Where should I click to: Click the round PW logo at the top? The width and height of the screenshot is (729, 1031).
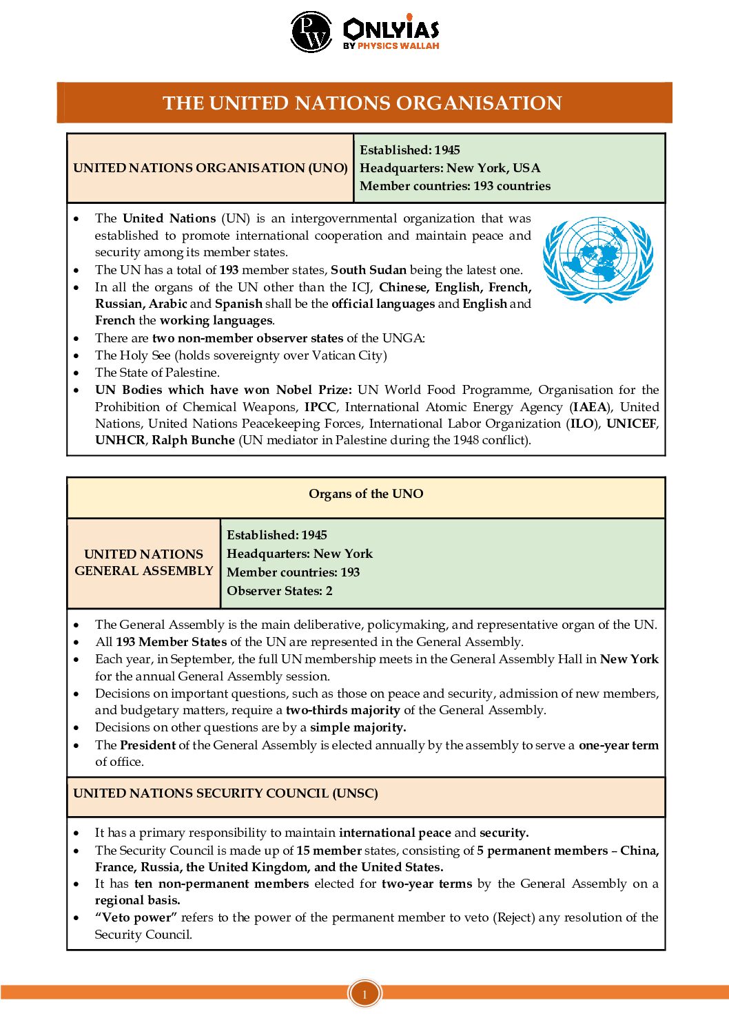click(x=311, y=32)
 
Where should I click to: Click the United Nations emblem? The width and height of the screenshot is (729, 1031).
click(x=598, y=260)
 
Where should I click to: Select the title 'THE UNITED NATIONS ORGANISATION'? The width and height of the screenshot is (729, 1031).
click(x=362, y=103)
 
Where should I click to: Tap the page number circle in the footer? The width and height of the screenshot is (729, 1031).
click(x=364, y=994)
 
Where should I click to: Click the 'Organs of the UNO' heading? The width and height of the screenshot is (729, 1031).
click(x=366, y=494)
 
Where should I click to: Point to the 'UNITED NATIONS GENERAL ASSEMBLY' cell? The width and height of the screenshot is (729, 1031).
click(x=144, y=563)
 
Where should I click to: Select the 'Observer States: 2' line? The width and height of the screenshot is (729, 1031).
click(x=280, y=591)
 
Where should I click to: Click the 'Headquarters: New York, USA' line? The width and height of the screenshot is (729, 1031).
click(x=450, y=168)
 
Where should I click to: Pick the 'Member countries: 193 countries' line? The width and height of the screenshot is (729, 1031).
click(x=455, y=186)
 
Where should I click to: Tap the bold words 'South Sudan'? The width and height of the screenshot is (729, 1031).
click(x=369, y=270)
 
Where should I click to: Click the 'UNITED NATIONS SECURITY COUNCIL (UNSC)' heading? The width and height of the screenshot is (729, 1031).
click(x=225, y=793)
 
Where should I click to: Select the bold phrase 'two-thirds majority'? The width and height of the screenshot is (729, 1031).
click(x=343, y=710)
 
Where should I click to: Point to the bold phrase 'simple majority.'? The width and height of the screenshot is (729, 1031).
click(x=358, y=727)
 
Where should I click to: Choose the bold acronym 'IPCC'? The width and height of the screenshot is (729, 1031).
click(x=320, y=407)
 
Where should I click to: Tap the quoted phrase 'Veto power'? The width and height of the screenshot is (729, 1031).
click(x=136, y=917)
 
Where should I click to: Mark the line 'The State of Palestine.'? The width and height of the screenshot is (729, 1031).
click(x=157, y=373)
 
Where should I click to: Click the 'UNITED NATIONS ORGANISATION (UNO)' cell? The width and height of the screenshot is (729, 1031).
click(x=210, y=168)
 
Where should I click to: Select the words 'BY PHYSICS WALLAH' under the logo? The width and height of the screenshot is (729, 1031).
click(x=391, y=46)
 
